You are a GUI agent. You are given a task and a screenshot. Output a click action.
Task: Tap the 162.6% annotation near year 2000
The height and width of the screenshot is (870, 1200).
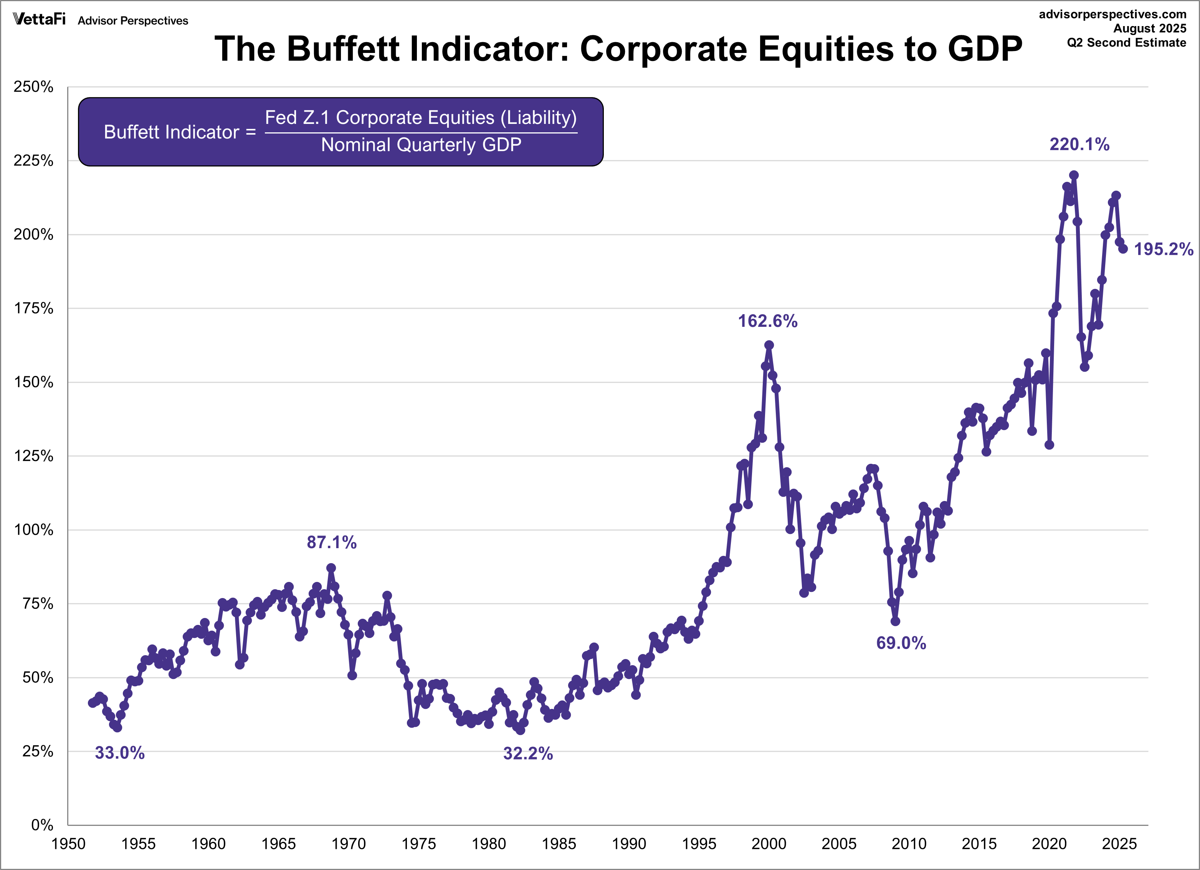[767, 321]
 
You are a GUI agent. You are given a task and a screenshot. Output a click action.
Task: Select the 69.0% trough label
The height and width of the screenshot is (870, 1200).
[901, 643]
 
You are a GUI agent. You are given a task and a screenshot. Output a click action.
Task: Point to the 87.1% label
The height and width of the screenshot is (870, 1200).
[332, 542]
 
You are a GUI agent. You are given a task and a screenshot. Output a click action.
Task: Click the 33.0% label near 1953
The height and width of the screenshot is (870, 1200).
[119, 753]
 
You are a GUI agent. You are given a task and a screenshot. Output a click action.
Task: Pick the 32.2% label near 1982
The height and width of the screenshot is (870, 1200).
[528, 753]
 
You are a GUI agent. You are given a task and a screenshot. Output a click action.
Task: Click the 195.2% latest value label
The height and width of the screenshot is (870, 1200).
[1163, 249]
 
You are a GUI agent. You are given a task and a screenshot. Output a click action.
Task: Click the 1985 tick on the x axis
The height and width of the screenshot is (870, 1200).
[559, 844]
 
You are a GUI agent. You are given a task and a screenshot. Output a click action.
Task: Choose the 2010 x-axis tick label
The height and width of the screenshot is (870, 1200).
[909, 844]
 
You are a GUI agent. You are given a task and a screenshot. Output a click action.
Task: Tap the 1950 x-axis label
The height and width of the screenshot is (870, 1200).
[68, 844]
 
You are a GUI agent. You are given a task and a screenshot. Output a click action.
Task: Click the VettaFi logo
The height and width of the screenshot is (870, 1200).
[39, 20]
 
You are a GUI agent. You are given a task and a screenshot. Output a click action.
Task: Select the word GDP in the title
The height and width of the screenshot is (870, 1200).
[985, 49]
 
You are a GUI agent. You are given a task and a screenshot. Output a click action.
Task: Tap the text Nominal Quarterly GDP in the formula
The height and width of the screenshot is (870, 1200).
[421, 144]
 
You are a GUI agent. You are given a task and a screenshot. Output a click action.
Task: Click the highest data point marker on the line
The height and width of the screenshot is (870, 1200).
[1074, 175]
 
